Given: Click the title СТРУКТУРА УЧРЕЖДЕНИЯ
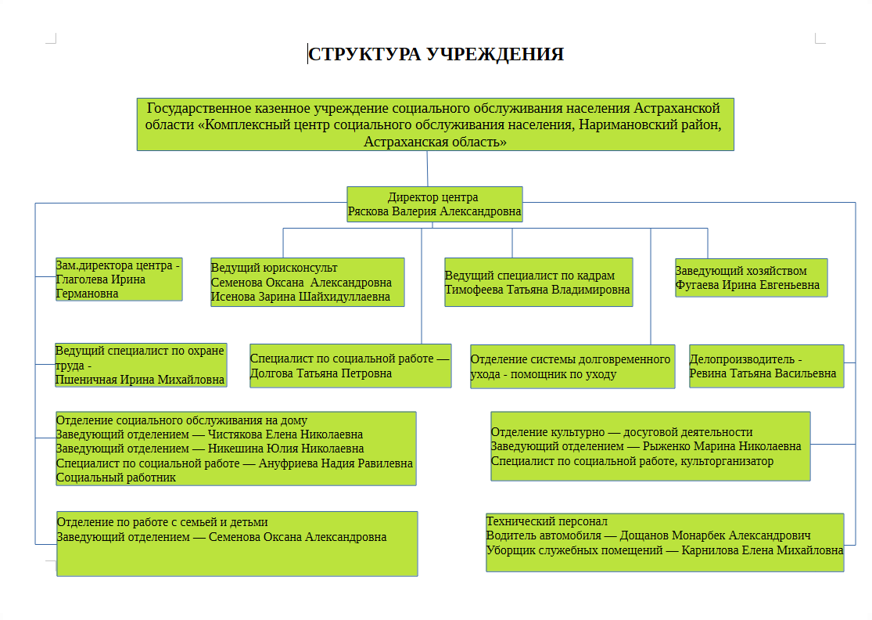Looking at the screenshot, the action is [x=436, y=54].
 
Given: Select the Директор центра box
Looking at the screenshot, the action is [x=435, y=204].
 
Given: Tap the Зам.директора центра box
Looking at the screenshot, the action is [x=119, y=279].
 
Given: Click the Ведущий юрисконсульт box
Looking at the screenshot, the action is [x=307, y=282].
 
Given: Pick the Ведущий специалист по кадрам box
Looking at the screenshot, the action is [x=539, y=282].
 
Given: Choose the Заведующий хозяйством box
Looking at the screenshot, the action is [x=752, y=278].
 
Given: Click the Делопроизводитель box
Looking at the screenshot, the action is [x=766, y=366].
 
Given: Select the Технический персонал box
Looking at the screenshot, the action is [x=665, y=542].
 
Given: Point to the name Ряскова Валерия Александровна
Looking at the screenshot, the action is [x=434, y=211].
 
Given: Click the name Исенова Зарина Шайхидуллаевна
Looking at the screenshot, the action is [x=300, y=297].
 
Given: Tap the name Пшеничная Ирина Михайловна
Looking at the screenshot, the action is [x=139, y=380].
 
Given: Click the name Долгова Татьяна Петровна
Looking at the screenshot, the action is [x=321, y=373].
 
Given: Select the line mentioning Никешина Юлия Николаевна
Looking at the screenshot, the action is [x=210, y=449].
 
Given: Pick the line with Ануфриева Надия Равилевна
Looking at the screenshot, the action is [x=234, y=463].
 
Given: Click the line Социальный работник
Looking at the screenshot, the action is [x=116, y=478].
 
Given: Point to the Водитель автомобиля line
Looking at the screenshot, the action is [x=648, y=535].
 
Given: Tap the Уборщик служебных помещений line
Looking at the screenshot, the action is [x=665, y=550].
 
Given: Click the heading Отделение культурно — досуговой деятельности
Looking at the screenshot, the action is [x=622, y=432].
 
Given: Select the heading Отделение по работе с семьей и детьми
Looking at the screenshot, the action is [x=163, y=522].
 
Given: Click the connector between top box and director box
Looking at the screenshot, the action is [x=427, y=168].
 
